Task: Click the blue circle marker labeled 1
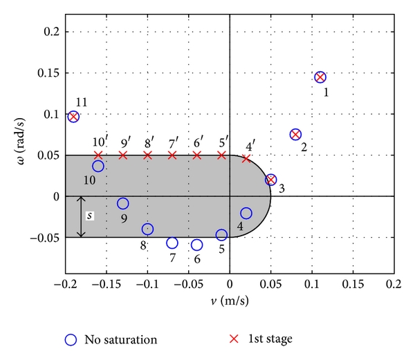[320, 77]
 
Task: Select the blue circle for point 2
[295, 135]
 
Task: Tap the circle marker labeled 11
[73, 117]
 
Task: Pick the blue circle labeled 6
[197, 245]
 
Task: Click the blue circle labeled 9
[123, 203]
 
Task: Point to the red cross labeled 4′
[246, 159]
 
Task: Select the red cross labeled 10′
[98, 155]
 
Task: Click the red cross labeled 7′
[172, 155]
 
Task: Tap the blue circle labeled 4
[246, 213]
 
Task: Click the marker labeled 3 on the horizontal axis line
[271, 180]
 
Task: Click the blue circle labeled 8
[147, 229]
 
